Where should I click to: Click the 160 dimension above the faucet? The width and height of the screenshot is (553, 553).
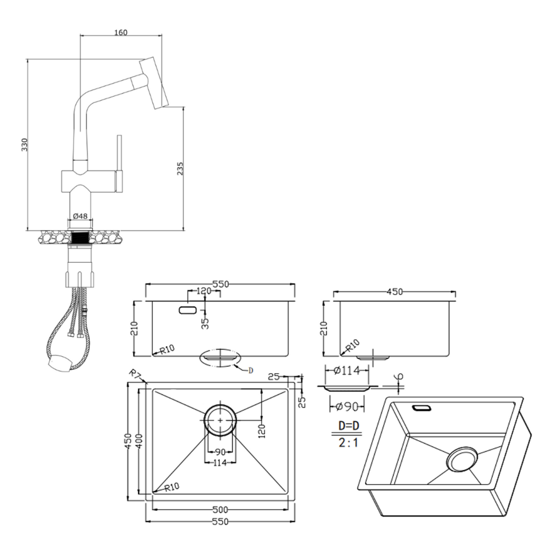click(x=121, y=33)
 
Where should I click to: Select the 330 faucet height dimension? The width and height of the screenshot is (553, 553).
click(x=24, y=145)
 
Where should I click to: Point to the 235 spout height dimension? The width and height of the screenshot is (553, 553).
click(x=180, y=169)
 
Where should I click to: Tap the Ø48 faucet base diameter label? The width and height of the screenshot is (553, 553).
click(x=80, y=216)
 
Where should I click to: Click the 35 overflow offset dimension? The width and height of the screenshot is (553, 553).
click(x=205, y=323)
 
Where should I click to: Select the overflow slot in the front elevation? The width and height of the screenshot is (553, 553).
click(x=187, y=310)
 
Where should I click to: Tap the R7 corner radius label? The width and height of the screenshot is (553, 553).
click(x=134, y=374)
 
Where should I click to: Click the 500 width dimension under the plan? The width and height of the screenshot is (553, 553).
click(x=221, y=509)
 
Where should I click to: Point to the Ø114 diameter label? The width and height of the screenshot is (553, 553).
click(x=347, y=371)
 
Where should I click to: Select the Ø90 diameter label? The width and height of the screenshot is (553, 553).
click(x=347, y=406)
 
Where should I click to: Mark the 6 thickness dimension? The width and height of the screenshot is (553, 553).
click(x=400, y=376)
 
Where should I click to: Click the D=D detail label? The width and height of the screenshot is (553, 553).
click(x=349, y=426)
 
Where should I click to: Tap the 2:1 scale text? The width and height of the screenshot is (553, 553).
click(x=348, y=442)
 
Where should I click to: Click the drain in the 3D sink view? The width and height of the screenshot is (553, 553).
click(x=462, y=459)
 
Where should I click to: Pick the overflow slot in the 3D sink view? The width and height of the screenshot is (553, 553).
click(x=422, y=408)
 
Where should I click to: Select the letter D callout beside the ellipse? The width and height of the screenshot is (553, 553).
click(x=251, y=371)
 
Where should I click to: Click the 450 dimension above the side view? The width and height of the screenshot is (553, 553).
click(x=395, y=291)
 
